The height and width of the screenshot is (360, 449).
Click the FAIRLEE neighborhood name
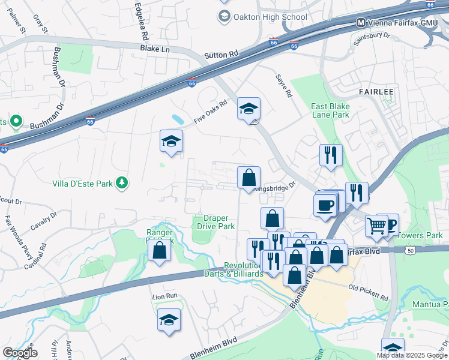pos(376,91)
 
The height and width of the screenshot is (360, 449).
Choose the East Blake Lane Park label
pos(330,110)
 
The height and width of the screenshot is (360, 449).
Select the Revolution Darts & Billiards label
pos(243,269)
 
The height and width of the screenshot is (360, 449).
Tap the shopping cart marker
pos(377,226)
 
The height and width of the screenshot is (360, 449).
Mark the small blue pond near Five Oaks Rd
pos(178,119)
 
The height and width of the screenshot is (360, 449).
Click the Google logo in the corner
pos(20,352)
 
